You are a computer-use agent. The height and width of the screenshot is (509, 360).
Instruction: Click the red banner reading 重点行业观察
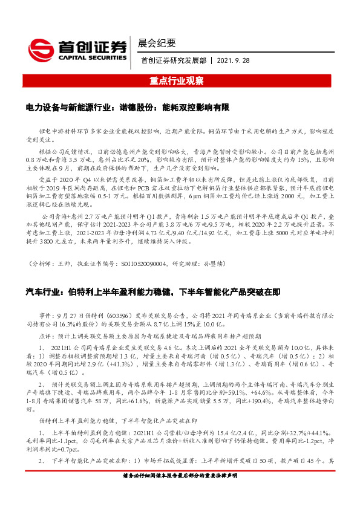(x=180, y=80)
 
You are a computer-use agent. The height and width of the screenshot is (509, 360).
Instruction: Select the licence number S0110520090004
(x=142, y=264)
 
